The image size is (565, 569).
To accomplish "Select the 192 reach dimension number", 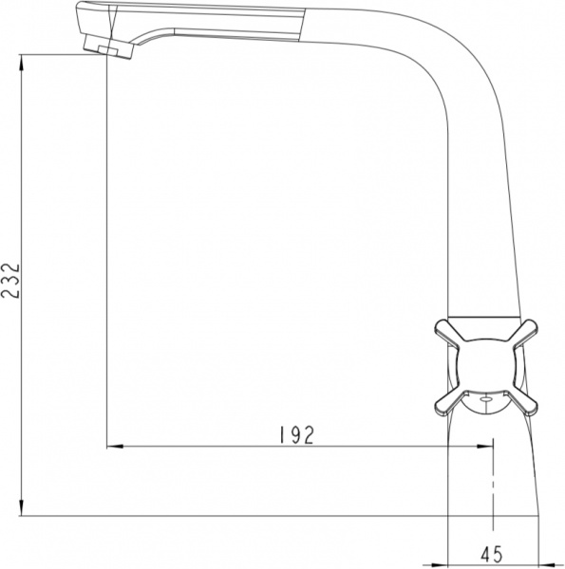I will (x=297, y=434).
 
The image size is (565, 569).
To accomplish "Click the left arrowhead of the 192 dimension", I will (x=111, y=445).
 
